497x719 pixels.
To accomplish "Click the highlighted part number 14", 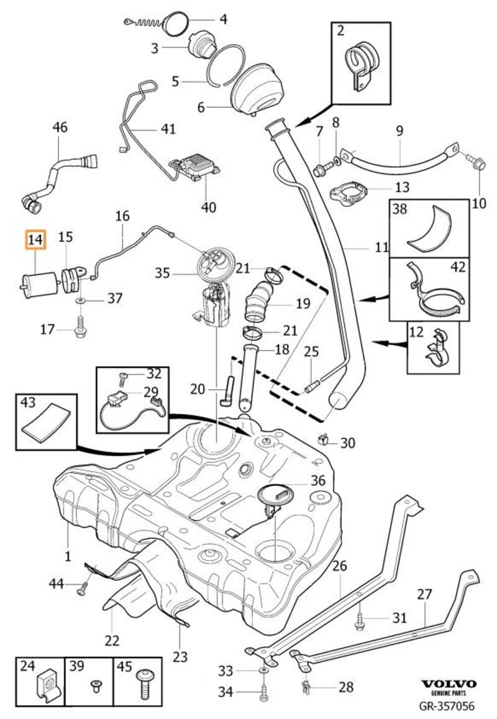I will click(x=35, y=239).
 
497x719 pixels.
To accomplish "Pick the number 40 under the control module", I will click(x=209, y=206).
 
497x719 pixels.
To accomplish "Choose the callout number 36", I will click(x=317, y=480).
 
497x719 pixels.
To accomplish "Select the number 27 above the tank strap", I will click(x=424, y=594).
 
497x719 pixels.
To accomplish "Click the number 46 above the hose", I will click(x=60, y=128).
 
